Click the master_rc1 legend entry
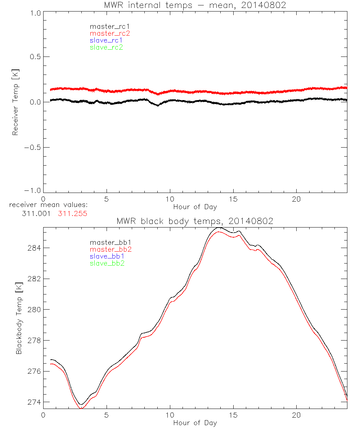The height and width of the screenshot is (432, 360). [x=106, y=26]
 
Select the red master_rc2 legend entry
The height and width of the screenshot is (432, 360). [x=110, y=33]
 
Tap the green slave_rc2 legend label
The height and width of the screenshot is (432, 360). [x=106, y=47]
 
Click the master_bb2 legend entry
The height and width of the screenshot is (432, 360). [x=111, y=249]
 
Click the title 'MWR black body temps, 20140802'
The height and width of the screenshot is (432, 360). [x=195, y=221]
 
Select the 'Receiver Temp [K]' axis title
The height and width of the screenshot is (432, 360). [x=15, y=102]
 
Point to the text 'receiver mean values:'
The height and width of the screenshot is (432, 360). [x=49, y=205]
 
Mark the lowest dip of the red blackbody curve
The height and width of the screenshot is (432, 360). [x=81, y=408]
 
